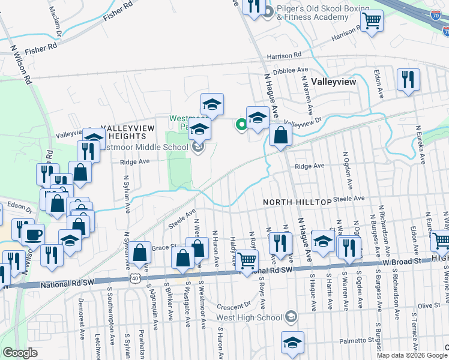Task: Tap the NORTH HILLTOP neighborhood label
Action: pos(297,203)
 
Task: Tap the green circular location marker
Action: pos(241,125)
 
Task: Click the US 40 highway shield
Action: pos(136,277)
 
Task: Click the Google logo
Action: pos(20,352)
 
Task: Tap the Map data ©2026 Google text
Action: pos(412,355)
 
